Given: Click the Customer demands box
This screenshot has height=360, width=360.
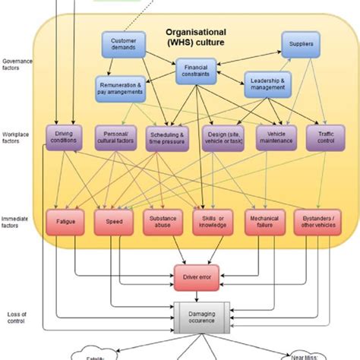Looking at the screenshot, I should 123,45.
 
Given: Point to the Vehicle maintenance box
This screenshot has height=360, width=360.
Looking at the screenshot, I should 276,138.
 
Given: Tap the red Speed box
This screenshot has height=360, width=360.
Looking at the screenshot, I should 115,221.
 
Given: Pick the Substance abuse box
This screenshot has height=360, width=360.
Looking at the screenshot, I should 163,221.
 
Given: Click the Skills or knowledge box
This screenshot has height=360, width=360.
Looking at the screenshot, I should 213,221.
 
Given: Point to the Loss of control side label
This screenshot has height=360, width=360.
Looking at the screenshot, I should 14,317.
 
